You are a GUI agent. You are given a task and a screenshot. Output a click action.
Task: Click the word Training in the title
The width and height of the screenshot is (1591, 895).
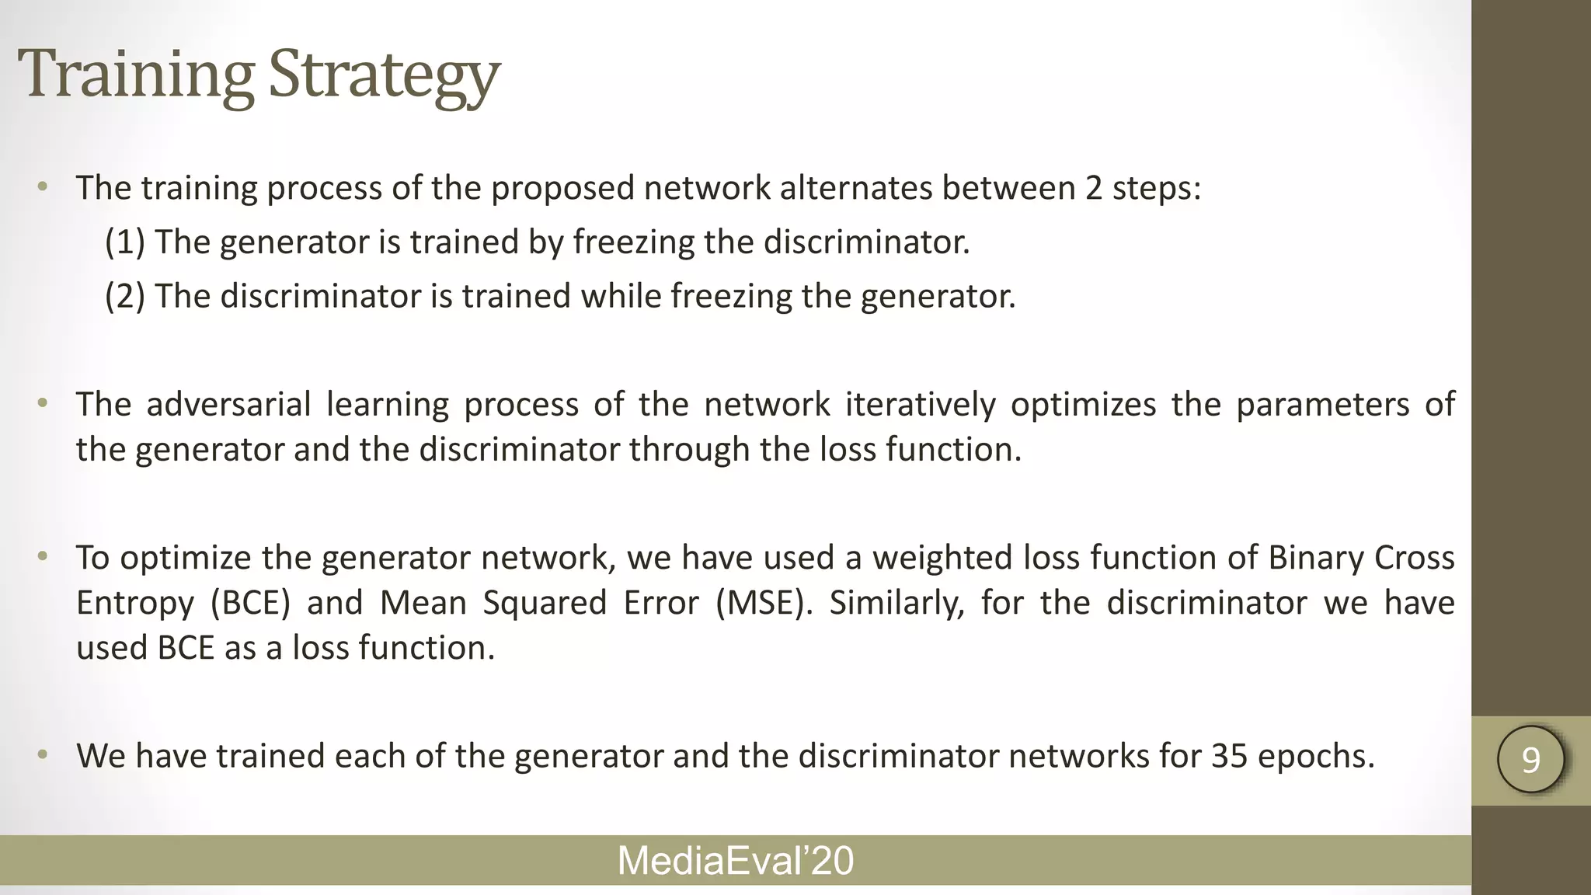(136, 75)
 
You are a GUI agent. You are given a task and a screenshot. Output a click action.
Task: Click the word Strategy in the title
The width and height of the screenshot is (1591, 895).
(384, 75)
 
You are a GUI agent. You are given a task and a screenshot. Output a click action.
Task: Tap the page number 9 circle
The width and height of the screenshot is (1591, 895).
(1530, 759)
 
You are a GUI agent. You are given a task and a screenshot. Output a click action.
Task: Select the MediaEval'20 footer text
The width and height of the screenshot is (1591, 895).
(735, 861)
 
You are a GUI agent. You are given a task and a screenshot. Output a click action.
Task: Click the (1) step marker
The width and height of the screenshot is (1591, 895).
(125, 242)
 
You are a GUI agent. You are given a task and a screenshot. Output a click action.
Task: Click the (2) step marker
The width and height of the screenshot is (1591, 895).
(125, 296)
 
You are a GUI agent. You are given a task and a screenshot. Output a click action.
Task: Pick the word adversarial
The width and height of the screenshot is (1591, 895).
(228, 404)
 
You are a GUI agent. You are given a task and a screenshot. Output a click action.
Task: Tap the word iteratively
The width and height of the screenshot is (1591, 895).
(920, 404)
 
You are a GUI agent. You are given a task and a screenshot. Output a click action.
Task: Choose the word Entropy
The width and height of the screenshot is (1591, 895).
(134, 604)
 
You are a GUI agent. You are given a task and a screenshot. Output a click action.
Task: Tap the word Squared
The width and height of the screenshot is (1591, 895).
(544, 604)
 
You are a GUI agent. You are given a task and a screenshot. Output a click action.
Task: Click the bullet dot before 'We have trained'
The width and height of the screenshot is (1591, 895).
(43, 754)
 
